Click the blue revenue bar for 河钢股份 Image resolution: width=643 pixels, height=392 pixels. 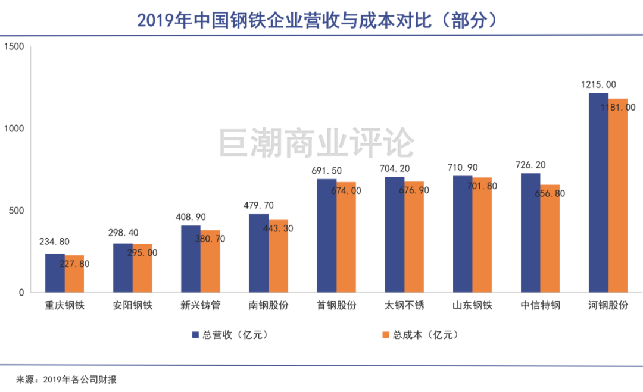[x=598, y=193]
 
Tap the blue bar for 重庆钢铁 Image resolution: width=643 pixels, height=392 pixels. [x=55, y=273]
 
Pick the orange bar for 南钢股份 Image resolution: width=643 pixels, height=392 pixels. [x=278, y=256]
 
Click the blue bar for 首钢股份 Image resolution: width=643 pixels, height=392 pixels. [x=326, y=236]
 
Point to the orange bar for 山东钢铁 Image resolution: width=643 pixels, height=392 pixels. [x=482, y=235]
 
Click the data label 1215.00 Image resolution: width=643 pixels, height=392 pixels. [x=598, y=85]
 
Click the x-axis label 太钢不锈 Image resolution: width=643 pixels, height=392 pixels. [x=404, y=306]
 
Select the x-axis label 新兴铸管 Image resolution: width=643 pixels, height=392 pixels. [x=201, y=306]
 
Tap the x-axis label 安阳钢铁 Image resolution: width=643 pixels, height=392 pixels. [x=133, y=306]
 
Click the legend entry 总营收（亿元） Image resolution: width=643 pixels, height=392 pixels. [x=229, y=335]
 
